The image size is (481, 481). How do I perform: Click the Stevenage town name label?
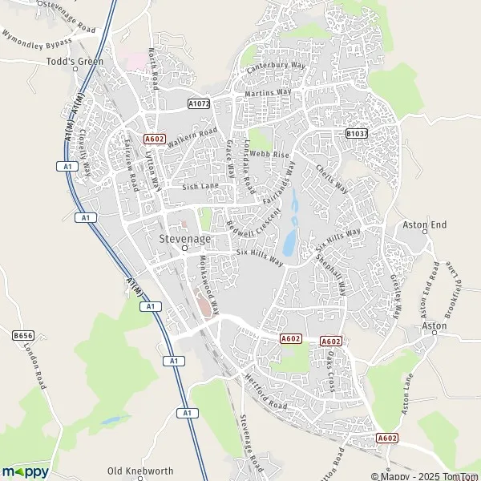pyautogui.click(x=184, y=239)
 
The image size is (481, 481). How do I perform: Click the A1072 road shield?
pyautogui.click(x=198, y=103)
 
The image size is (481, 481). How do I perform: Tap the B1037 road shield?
pyautogui.click(x=356, y=134)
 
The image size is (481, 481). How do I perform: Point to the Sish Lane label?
pyautogui.click(x=200, y=187)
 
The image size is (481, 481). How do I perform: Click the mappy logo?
pyautogui.click(x=25, y=471)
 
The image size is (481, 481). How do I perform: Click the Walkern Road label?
pyautogui.click(x=192, y=138)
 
